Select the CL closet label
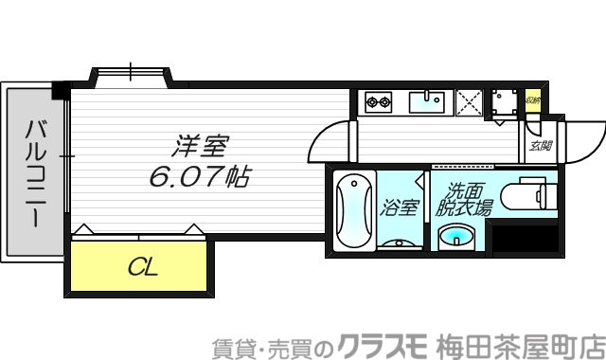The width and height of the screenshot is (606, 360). [x=143, y=265]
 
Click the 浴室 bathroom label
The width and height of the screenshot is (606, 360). [x=399, y=207]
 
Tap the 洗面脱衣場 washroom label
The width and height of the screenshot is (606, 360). [x=464, y=198]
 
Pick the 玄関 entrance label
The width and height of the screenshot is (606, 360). [x=541, y=146]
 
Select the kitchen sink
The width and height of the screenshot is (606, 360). [x=431, y=99]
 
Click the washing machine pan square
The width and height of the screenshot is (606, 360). [x=505, y=101]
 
